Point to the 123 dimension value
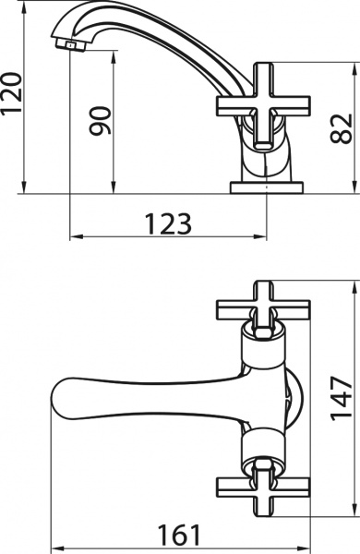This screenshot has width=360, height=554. click(167, 223)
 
